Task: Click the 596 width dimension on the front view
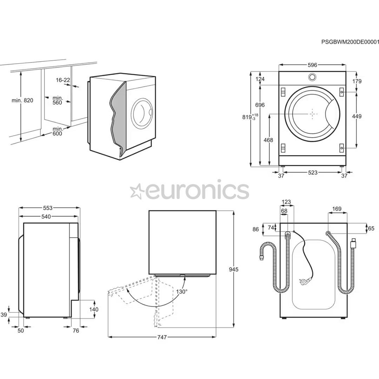click(x=312, y=65)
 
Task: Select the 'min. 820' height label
click(x=22, y=100)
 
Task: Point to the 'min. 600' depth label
click(x=57, y=131)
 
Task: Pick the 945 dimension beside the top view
click(x=234, y=269)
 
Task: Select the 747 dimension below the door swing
click(x=161, y=337)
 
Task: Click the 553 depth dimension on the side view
click(x=49, y=208)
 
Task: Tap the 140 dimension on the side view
click(x=94, y=310)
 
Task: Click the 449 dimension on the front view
click(x=357, y=116)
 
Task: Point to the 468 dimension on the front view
click(x=268, y=140)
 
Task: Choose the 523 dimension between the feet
click(x=313, y=172)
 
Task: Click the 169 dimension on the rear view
click(x=337, y=209)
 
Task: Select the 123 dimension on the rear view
click(x=286, y=202)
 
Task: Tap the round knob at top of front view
click(x=312, y=77)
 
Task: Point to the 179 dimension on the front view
click(x=357, y=81)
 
